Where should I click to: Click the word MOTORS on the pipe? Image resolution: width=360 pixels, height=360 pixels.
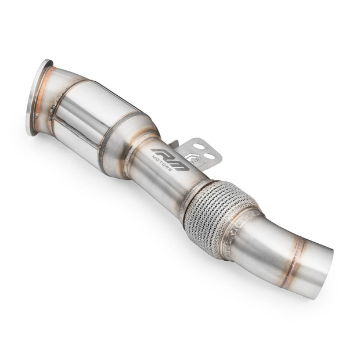point(162,163)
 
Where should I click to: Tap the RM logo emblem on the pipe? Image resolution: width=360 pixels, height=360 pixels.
point(170,159)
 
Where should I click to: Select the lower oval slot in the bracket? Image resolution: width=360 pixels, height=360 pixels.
point(210,156)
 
